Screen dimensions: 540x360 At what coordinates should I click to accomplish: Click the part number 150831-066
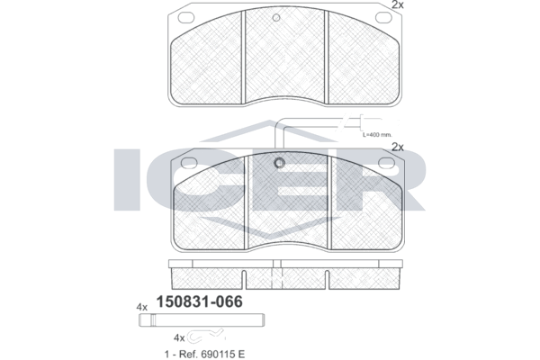tap(200, 301)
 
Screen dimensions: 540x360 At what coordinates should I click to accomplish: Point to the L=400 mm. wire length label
tap(377, 135)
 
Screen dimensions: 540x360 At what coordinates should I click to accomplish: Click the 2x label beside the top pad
tap(398, 4)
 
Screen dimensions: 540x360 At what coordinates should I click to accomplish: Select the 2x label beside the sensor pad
tap(398, 147)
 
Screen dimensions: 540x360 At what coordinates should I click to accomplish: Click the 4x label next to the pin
tap(142, 307)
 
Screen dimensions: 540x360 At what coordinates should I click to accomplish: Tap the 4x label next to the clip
tap(179, 338)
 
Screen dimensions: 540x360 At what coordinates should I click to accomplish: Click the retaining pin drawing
tap(202, 320)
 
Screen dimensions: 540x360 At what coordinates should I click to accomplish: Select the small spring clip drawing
tap(206, 337)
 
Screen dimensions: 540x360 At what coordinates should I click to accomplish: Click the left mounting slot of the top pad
tap(185, 17)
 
